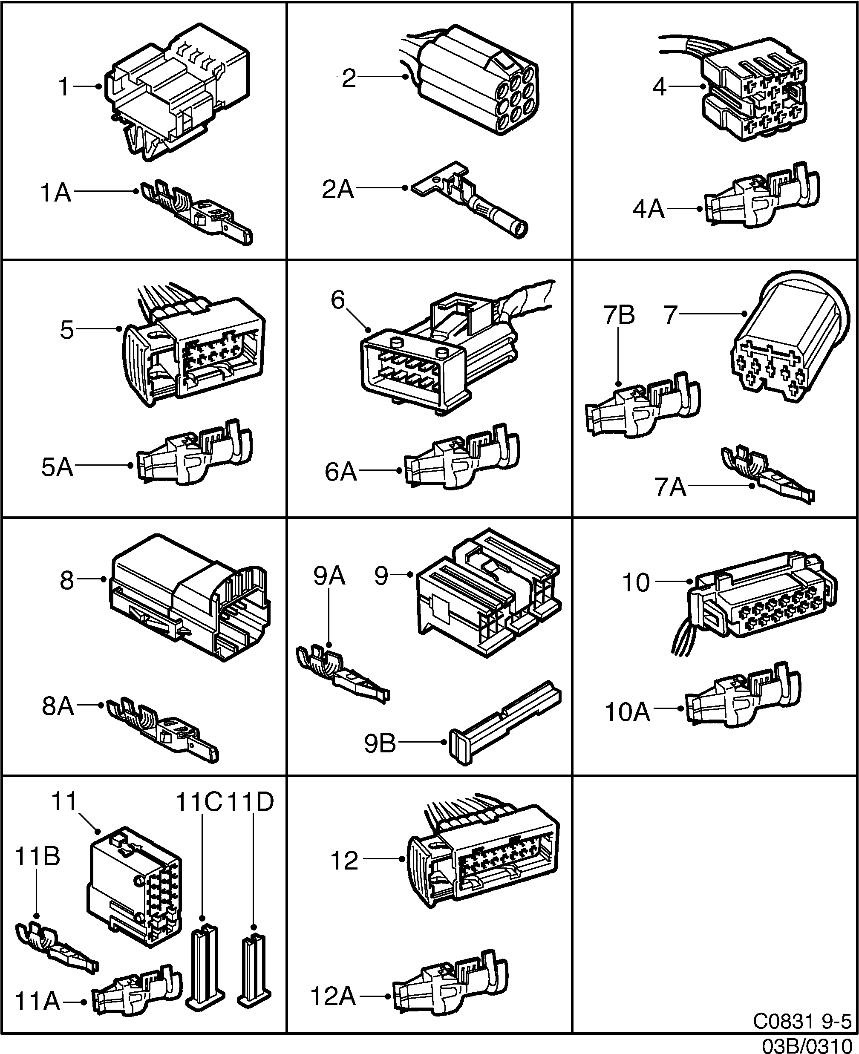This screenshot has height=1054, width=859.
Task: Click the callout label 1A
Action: click(55, 193)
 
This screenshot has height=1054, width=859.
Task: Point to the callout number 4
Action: click(660, 87)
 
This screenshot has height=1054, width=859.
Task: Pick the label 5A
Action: click(57, 467)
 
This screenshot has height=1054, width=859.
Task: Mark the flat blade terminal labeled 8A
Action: click(163, 732)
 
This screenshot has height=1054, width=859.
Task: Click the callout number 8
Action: click(67, 580)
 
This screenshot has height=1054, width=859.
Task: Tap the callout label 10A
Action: click(627, 712)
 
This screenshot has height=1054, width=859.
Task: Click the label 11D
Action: click(251, 802)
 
